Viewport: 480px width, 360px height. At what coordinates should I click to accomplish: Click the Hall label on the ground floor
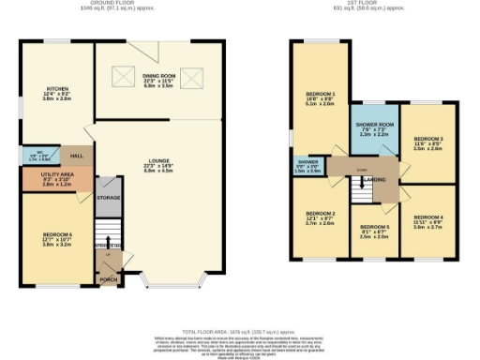click(x=77, y=156)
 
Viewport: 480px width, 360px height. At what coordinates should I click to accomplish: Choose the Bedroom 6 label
click(x=56, y=238)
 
